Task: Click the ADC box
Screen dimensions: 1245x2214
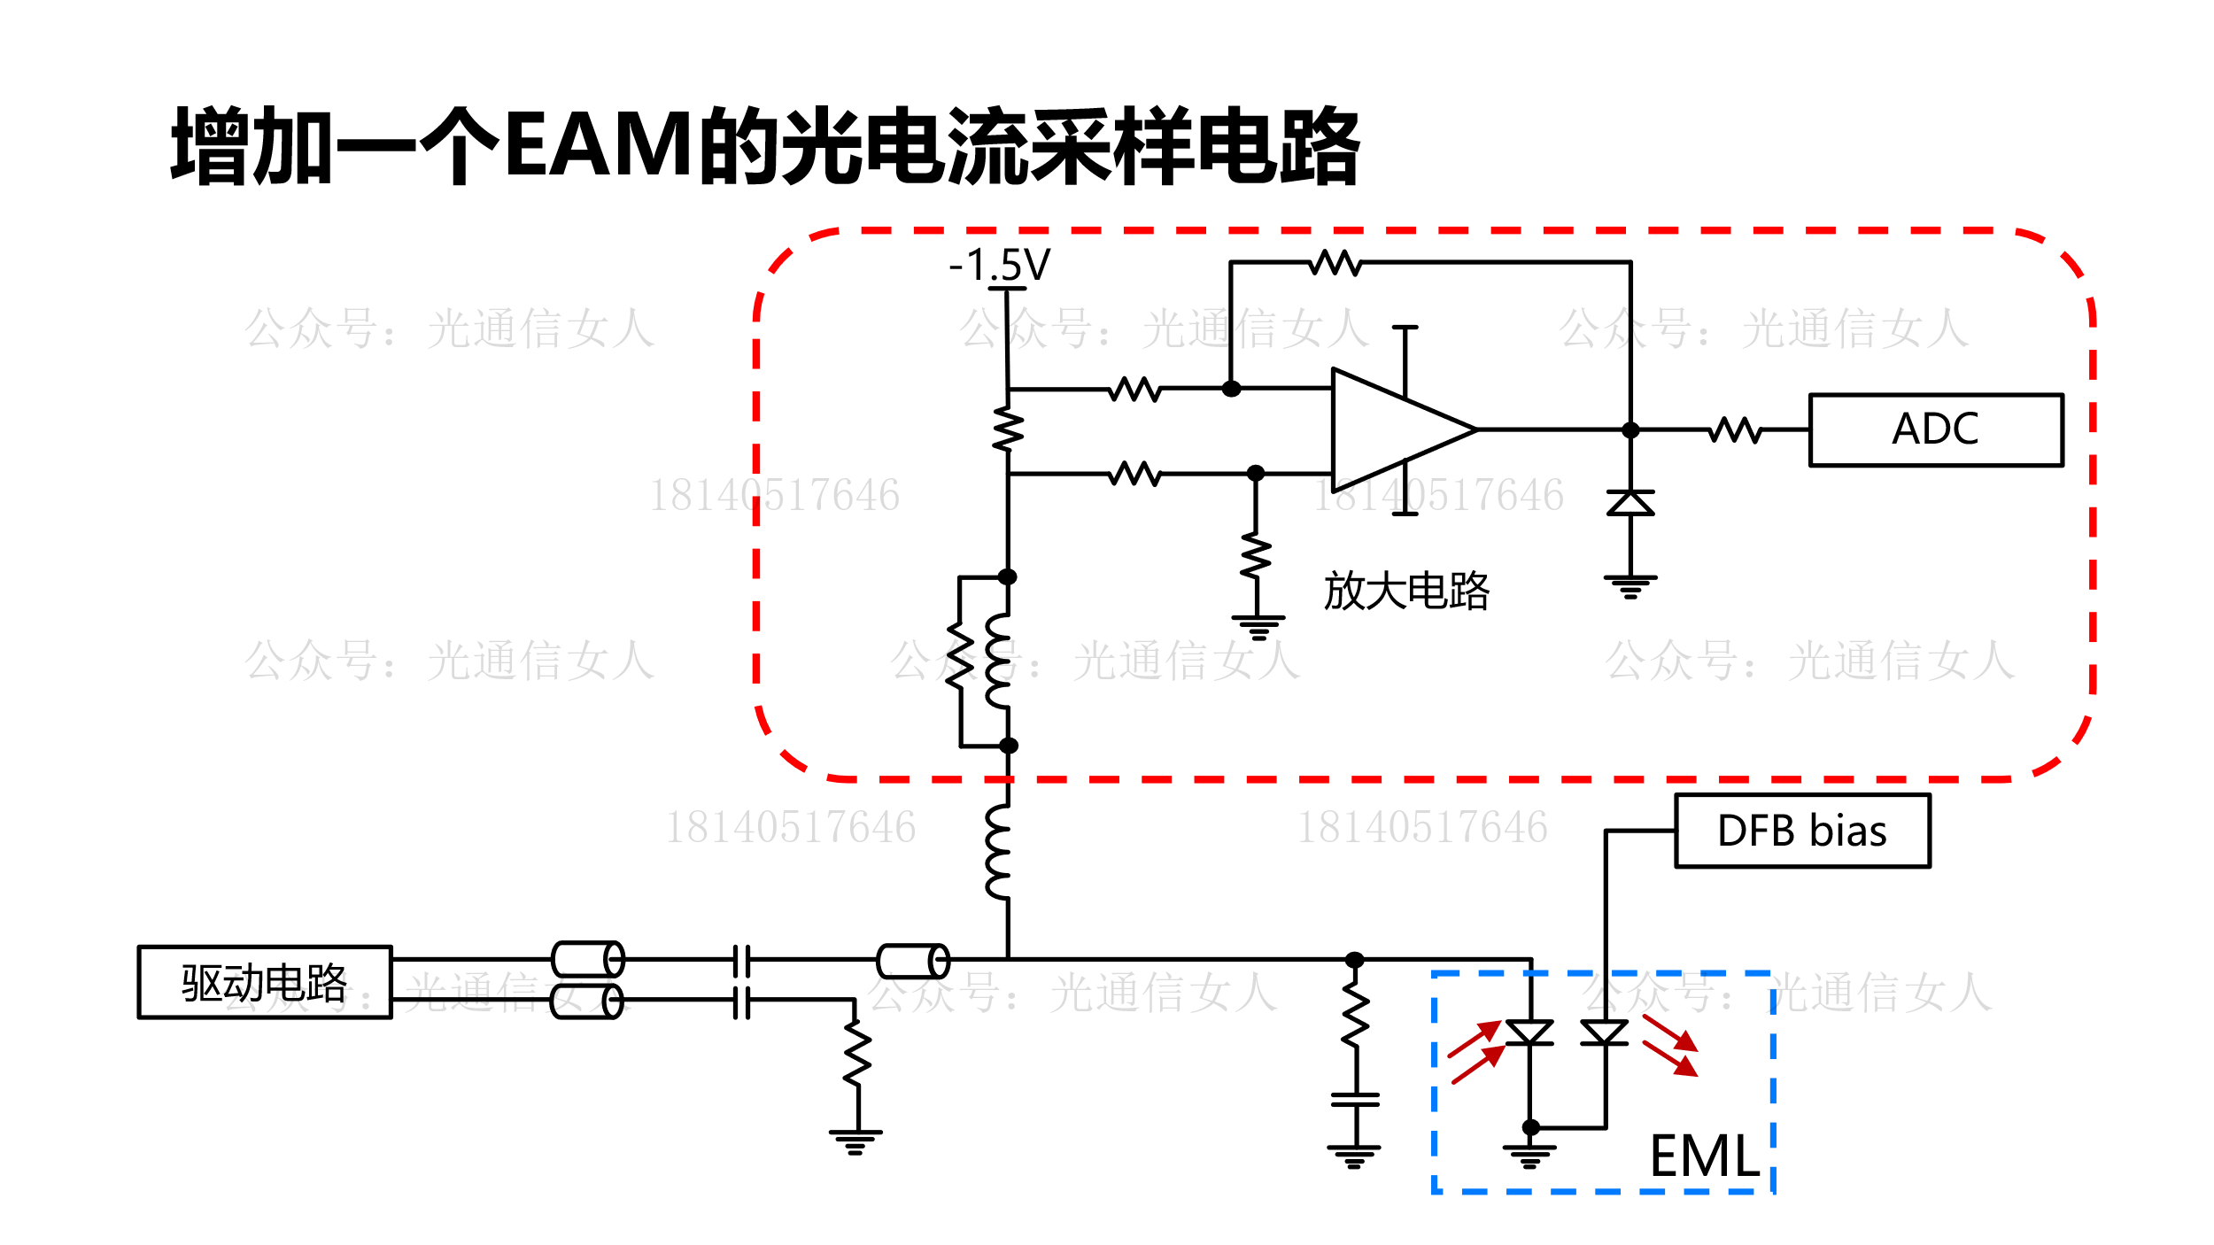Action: pyautogui.click(x=1936, y=429)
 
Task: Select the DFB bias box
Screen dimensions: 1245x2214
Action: pyautogui.click(x=1802, y=831)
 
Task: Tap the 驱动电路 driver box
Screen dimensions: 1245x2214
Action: pyautogui.click(x=265, y=982)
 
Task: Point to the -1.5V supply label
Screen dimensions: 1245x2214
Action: pyautogui.click(x=1000, y=265)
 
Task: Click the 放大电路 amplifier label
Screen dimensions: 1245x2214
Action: pyautogui.click(x=1406, y=591)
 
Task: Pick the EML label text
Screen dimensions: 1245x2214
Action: pyautogui.click(x=1705, y=1156)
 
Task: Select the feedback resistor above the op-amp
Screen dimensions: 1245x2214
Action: pyautogui.click(x=1335, y=262)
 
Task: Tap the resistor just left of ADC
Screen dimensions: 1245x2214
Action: pyautogui.click(x=1735, y=429)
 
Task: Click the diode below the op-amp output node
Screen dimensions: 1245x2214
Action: pyautogui.click(x=1630, y=503)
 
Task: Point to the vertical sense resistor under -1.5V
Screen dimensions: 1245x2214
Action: pyautogui.click(x=1008, y=429)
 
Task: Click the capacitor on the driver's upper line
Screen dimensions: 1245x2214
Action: pyautogui.click(x=742, y=960)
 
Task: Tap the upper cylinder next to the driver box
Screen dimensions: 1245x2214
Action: pyautogui.click(x=588, y=959)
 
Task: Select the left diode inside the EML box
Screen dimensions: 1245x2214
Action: pyautogui.click(x=1529, y=1032)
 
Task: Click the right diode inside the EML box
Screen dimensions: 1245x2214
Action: pyautogui.click(x=1605, y=1032)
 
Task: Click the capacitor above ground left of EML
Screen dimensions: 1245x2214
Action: pyautogui.click(x=1355, y=1099)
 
